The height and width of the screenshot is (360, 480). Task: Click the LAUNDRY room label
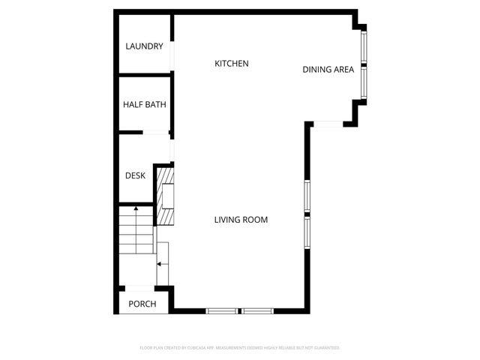click(x=144, y=46)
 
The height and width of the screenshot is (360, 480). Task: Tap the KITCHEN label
click(x=232, y=64)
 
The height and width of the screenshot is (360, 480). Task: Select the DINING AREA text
click(x=328, y=70)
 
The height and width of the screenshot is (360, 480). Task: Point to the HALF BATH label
click(x=145, y=105)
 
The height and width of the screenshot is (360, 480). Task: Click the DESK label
click(x=135, y=176)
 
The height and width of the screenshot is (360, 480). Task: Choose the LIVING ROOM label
click(x=241, y=220)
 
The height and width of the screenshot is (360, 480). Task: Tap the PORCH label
click(x=142, y=304)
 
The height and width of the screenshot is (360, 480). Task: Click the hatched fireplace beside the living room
click(x=165, y=196)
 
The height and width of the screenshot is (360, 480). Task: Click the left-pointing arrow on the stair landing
click(x=160, y=263)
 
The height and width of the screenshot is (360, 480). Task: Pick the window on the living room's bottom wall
click(x=240, y=310)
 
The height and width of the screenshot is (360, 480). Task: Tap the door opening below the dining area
click(x=327, y=124)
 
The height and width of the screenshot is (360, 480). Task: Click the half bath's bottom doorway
click(x=155, y=133)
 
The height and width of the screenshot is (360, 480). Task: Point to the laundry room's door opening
click(x=173, y=56)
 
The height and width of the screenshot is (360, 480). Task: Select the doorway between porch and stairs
click(x=139, y=287)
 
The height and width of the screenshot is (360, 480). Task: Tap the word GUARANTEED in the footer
click(x=326, y=348)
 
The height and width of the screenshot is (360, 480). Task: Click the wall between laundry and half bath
click(x=145, y=76)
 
